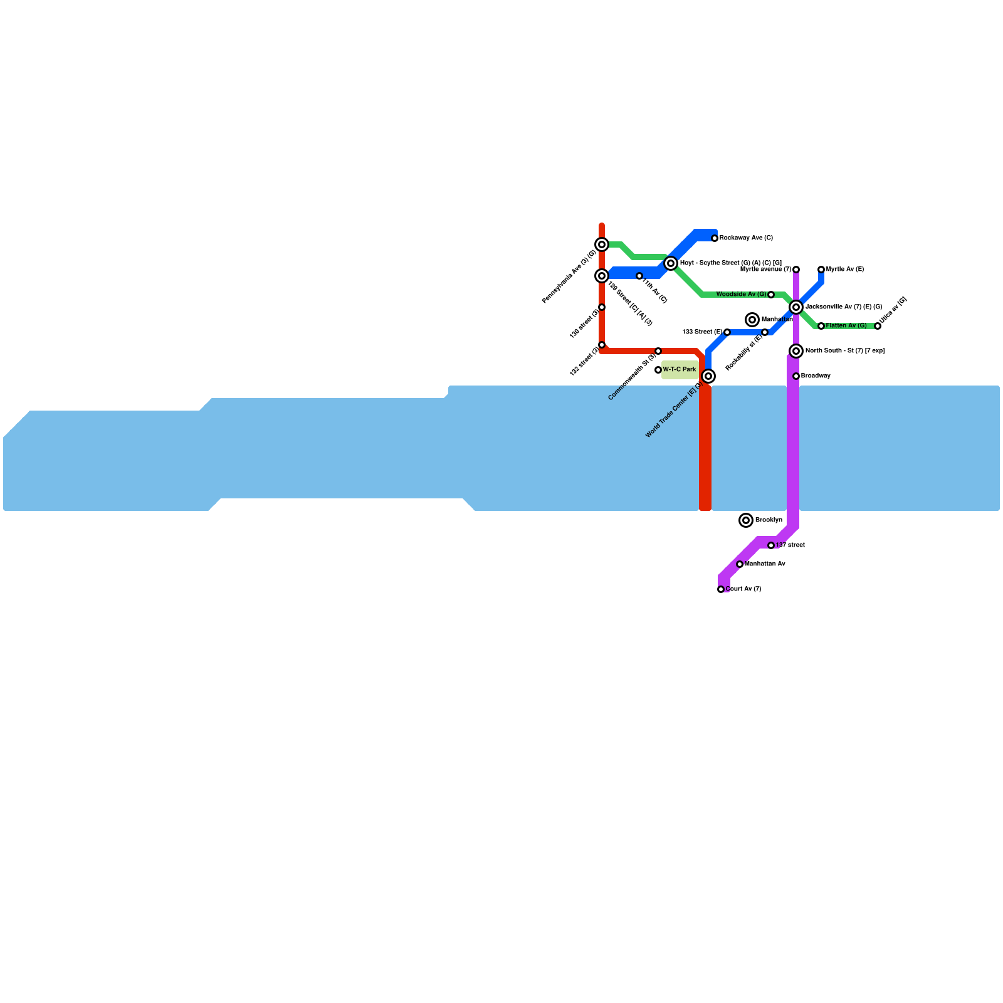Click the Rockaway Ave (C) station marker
[x=715, y=238]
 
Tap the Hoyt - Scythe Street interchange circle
[x=671, y=263]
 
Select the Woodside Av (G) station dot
[x=771, y=295]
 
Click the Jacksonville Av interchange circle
[x=796, y=307]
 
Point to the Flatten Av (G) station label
[x=846, y=326]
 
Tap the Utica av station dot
[x=878, y=326]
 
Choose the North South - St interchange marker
[x=796, y=351]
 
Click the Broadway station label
[x=816, y=376]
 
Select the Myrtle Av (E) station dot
[x=821, y=270]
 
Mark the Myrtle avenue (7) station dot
[x=796, y=270]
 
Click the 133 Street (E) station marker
[x=727, y=332]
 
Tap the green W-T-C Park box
[x=680, y=370]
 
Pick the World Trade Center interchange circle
[x=708, y=376]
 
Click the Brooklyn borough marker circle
[x=746, y=520]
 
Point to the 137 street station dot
[x=771, y=545]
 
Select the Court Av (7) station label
[x=744, y=589]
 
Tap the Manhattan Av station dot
[x=740, y=564]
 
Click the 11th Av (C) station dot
[x=639, y=276]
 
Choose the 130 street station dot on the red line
[x=602, y=307]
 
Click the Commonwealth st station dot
[x=658, y=351]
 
